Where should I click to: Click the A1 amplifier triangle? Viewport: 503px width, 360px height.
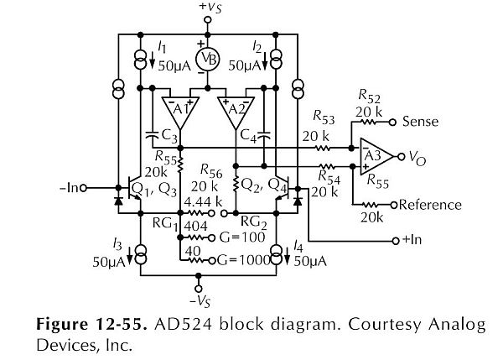180,112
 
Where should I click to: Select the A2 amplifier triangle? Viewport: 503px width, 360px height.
236,112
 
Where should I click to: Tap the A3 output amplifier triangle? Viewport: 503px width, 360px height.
376,157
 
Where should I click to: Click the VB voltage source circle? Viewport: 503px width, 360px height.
208,60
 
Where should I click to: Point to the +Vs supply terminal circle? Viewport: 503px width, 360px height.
208,20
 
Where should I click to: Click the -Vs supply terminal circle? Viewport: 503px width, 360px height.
199,289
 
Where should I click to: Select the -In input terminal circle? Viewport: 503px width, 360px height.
83,188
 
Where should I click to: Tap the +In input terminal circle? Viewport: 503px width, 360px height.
396,241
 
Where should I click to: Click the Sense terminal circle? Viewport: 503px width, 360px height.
392,122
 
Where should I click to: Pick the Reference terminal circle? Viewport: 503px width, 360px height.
394,204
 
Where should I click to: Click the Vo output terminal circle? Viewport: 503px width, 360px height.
401,157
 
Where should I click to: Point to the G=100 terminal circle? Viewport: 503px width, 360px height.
212,238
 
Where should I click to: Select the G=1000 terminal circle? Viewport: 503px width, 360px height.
212,260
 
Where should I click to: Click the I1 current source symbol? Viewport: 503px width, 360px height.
140,60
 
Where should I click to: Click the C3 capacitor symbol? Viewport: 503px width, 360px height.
153,134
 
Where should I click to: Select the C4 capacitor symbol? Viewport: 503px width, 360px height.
264,134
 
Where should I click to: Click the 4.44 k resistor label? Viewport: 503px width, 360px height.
203,201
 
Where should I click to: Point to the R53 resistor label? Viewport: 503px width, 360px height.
324,117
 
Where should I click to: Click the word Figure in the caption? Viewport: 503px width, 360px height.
61,325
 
